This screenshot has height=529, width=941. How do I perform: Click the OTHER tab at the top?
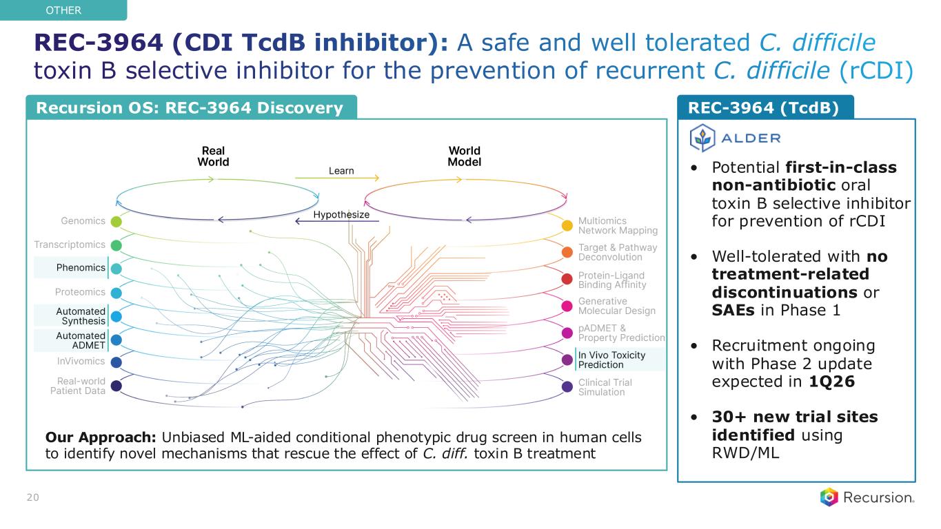[63, 10]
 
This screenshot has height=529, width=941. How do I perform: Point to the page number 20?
[32, 497]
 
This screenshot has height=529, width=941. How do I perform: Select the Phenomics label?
[81, 267]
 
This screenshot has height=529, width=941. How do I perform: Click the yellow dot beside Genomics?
[117, 222]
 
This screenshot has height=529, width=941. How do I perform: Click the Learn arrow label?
[341, 170]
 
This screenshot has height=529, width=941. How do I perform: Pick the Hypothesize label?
[341, 215]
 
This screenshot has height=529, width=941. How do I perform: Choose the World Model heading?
[464, 156]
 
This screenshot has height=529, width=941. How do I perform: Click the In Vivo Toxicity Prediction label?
[611, 360]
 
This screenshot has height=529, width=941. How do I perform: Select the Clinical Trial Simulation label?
[605, 387]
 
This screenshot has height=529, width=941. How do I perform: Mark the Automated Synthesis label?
[81, 316]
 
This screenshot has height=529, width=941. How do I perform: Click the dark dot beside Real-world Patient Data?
[117, 386]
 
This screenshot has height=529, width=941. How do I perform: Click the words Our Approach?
[100, 438]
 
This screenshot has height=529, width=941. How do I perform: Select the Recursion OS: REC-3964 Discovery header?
[190, 107]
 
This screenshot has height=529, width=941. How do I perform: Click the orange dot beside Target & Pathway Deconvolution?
[567, 252]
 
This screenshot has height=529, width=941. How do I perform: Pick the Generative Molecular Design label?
[616, 306]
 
